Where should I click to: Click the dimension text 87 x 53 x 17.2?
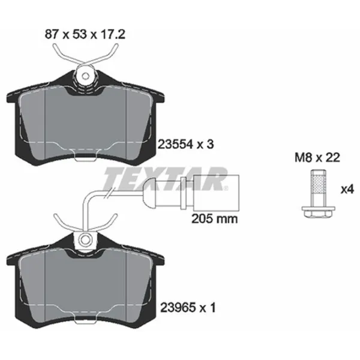[x=85, y=35]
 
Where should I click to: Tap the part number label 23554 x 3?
[x=185, y=145]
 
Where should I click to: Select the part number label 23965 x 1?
[x=188, y=308]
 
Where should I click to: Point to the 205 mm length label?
[x=214, y=219]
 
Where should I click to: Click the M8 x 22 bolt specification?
[x=317, y=158]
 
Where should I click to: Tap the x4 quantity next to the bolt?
[x=347, y=190]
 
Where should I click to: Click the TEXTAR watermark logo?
[x=166, y=179]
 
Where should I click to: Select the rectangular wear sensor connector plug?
[x=216, y=193]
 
